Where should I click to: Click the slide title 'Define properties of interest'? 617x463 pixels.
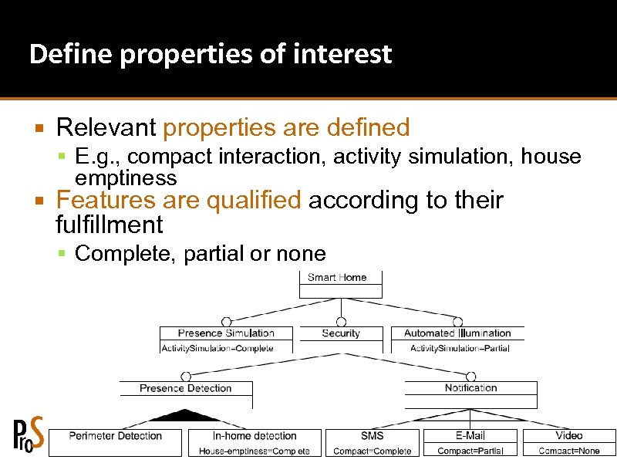pyautogui.click(x=210, y=55)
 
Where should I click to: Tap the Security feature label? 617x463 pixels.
pyautogui.click(x=341, y=333)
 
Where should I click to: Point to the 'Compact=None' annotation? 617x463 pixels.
pyautogui.click(x=569, y=451)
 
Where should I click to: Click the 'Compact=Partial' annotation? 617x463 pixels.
pyautogui.click(x=470, y=451)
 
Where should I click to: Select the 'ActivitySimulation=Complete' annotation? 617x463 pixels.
pyautogui.click(x=217, y=348)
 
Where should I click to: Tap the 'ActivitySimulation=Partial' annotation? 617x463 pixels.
pyautogui.click(x=460, y=348)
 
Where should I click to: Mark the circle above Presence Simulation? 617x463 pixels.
pyautogui.click(x=226, y=322)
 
